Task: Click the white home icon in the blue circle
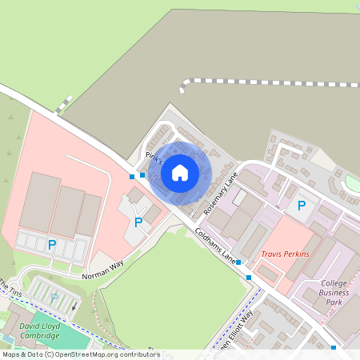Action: coord(179,172)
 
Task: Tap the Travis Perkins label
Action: coord(284,254)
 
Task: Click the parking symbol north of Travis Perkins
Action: coord(302,206)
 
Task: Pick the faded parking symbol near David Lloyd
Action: coord(54,298)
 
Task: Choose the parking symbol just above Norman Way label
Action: coord(138,222)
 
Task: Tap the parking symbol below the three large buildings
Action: coord(52,245)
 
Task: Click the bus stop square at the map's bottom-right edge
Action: coord(334,347)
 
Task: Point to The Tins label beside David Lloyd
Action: coord(10,289)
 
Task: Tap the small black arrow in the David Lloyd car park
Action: coord(74,304)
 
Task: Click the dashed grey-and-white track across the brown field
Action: coord(264,81)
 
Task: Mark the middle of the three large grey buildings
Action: coord(68,211)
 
